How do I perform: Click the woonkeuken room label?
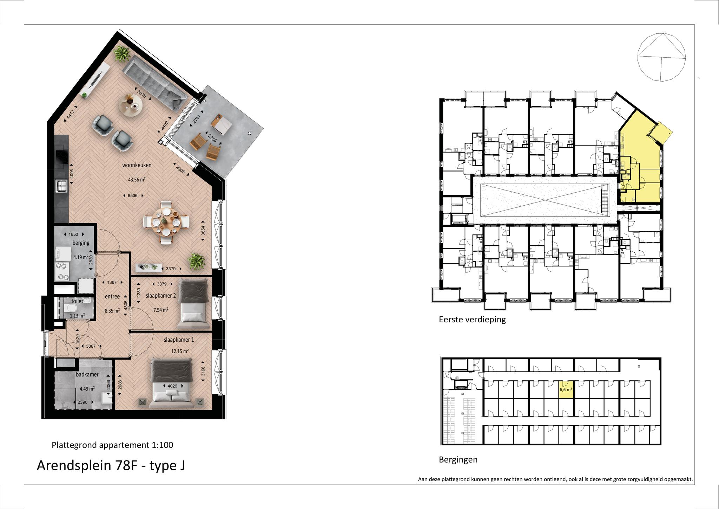tap(137, 165)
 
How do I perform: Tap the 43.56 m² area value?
tap(137, 180)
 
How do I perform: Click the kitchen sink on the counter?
tap(61, 186)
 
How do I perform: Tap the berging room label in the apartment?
tap(81, 243)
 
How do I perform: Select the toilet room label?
tap(77, 301)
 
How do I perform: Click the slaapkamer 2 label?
tap(161, 296)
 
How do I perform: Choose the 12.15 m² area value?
tap(180, 351)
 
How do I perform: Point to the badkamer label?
tap(87, 375)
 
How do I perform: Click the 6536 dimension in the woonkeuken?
tap(132, 196)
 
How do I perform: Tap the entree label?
tap(112, 297)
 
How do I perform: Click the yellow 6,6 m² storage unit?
tap(566, 389)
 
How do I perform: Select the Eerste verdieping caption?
tap(472, 320)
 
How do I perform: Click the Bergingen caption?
tap(458, 460)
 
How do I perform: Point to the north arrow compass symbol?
tap(661, 57)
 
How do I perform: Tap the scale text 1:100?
tap(162, 445)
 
